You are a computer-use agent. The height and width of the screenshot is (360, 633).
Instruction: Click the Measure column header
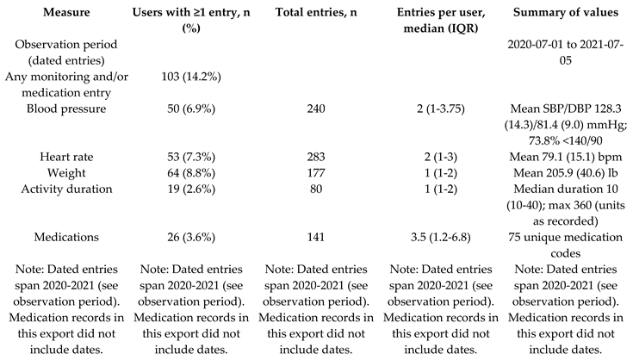coord(66,12)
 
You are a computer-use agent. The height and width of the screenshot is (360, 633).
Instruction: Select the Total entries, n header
coord(316,12)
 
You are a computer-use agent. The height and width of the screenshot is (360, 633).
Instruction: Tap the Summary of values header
coord(566,12)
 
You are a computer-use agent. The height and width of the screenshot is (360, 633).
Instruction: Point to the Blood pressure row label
coord(66,109)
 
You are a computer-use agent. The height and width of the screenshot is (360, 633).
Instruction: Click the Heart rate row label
coord(66,157)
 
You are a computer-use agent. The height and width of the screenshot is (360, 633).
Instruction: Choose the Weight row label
coord(66,173)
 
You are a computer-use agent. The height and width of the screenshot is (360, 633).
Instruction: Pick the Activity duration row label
coord(66,189)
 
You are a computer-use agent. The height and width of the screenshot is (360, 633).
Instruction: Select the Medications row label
coord(66,237)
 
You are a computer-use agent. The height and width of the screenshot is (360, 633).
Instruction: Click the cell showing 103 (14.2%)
coord(191,77)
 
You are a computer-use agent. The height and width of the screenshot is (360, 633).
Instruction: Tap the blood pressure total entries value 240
coord(316,109)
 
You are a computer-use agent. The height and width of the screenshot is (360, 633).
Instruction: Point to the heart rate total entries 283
coord(316,157)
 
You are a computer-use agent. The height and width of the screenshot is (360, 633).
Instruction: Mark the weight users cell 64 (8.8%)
coord(191,173)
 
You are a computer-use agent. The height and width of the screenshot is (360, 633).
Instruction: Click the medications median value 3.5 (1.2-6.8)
coord(441,237)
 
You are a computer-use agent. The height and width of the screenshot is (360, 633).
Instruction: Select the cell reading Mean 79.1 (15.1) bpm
coord(566,157)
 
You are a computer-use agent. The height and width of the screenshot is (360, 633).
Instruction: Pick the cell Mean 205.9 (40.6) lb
coord(566,173)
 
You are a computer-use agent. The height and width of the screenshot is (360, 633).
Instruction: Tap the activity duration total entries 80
coord(316,189)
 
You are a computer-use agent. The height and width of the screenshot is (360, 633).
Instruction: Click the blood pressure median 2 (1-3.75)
coord(441,109)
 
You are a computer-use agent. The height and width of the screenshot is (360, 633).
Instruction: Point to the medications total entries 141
coord(316,237)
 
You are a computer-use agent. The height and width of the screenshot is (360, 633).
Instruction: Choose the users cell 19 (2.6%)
coord(191,189)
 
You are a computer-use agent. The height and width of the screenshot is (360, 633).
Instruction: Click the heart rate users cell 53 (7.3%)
coord(191,157)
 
